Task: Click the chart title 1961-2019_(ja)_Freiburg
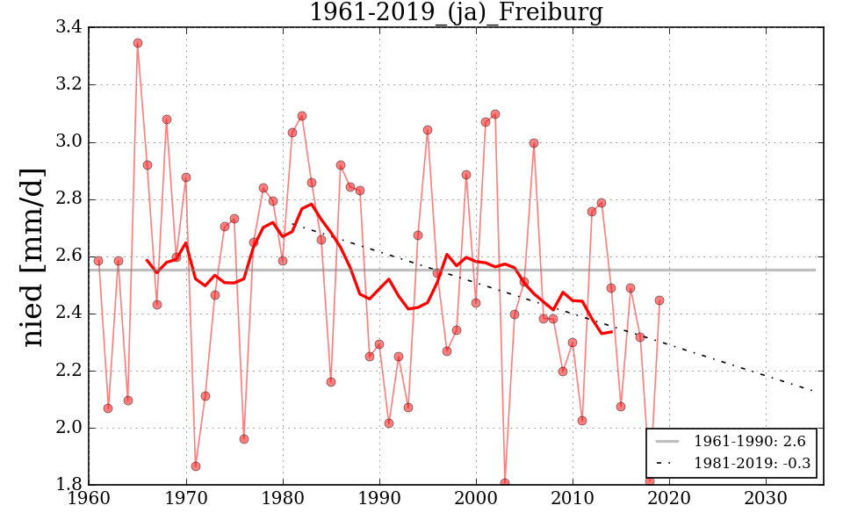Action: pyautogui.click(x=456, y=13)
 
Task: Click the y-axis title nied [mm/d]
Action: pyautogui.click(x=32, y=256)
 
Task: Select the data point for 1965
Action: pyautogui.click(x=138, y=43)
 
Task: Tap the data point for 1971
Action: pyautogui.click(x=196, y=466)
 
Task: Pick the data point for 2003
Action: pyautogui.click(x=505, y=482)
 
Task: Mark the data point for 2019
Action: pyautogui.click(x=659, y=300)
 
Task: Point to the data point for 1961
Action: pyautogui.click(x=98, y=261)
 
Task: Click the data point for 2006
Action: pyautogui.click(x=534, y=143)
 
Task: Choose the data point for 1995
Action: pyautogui.click(x=428, y=130)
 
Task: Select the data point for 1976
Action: pyautogui.click(x=244, y=439)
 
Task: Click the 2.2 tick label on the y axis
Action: pyautogui.click(x=70, y=371)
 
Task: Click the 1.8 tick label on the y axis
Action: pyautogui.click(x=70, y=485)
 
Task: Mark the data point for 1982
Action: pyautogui.click(x=302, y=116)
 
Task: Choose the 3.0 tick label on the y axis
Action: pyautogui.click(x=70, y=142)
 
